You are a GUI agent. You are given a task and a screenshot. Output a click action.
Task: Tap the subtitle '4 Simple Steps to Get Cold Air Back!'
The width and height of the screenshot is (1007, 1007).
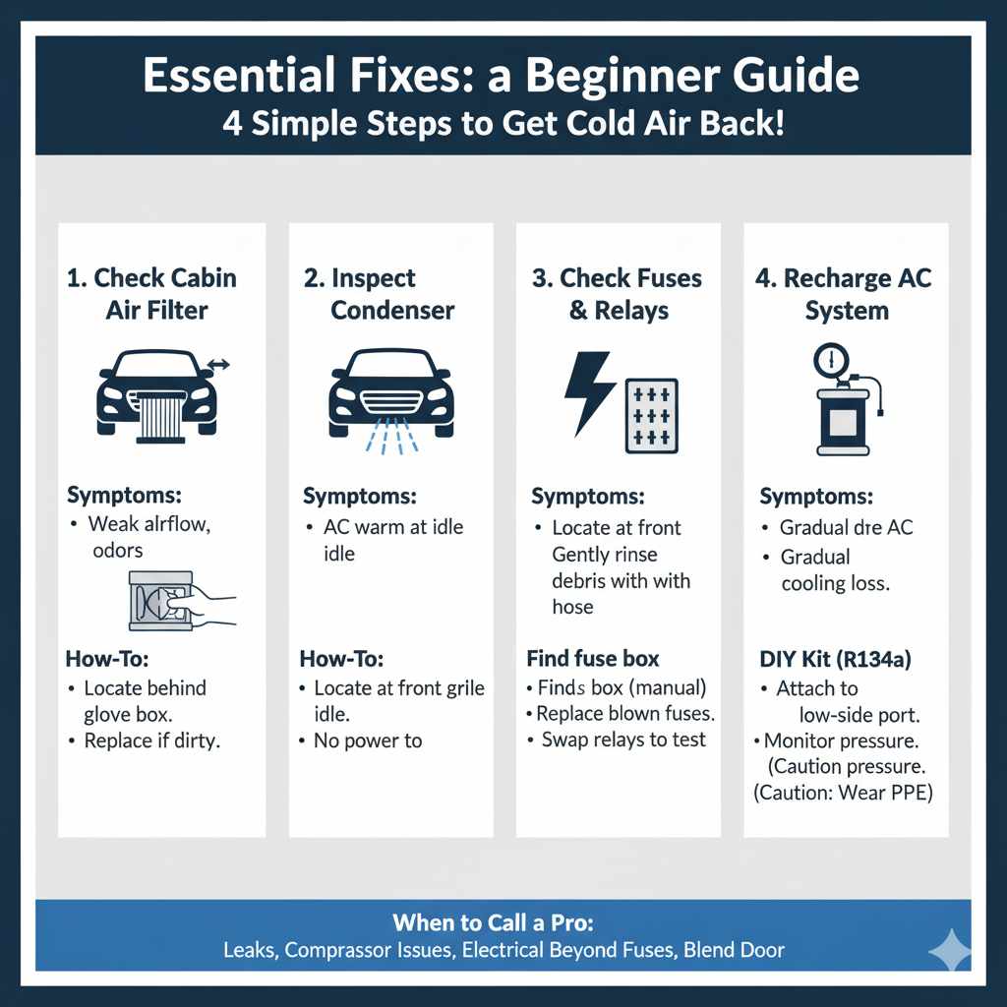[502, 127]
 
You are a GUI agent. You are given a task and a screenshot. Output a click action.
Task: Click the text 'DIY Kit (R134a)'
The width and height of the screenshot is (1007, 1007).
[834, 659]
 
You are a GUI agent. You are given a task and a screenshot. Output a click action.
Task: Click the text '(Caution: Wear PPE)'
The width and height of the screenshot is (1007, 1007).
[843, 792]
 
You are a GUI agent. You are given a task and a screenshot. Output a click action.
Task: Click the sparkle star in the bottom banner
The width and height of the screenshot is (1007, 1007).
[950, 949]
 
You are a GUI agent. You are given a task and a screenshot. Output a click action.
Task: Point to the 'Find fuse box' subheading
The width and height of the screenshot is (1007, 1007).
[593, 658]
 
